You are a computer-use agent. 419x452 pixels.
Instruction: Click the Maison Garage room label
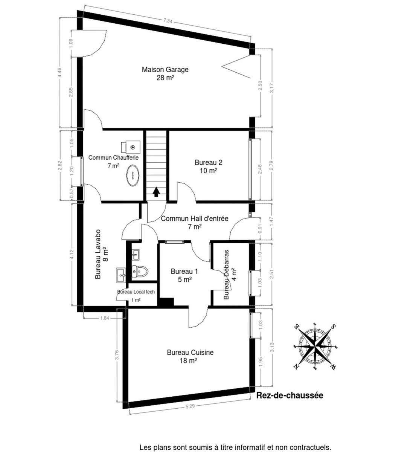pyautogui.click(x=165, y=73)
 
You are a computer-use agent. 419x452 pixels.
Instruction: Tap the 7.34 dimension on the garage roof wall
pyautogui.click(x=168, y=21)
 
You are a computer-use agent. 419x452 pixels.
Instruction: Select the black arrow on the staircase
pyautogui.click(x=156, y=192)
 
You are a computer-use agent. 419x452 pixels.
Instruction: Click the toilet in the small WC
pyautogui.click(x=140, y=272)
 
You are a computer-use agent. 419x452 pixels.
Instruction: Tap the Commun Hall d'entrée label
pyautogui.click(x=195, y=223)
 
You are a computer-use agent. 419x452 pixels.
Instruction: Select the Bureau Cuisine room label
pyautogui.click(x=190, y=356)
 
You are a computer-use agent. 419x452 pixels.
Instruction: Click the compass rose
pyautogui.click(x=315, y=347)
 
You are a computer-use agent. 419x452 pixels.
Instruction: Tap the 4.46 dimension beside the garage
pyautogui.click(x=60, y=73)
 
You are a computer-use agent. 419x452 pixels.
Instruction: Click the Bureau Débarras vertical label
pyautogui.click(x=230, y=275)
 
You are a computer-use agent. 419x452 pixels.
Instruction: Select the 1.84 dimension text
pyautogui.click(x=105, y=318)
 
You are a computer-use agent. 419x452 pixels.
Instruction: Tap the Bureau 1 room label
pyautogui.click(x=184, y=276)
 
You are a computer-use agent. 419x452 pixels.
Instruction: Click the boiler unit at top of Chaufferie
pyautogui.click(x=131, y=147)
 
